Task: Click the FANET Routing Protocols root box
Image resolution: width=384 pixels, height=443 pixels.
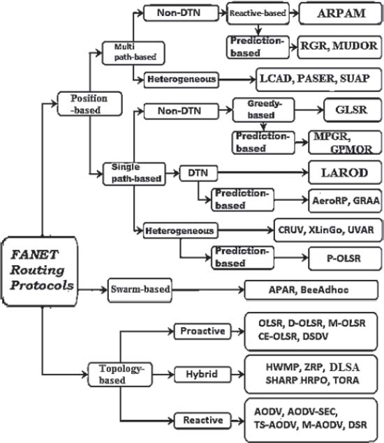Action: pyautogui.click(x=40, y=271)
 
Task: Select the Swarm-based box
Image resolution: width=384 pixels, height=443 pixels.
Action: pyautogui.click(x=140, y=290)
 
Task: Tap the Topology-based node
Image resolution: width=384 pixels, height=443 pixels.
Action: pyautogui.click(x=120, y=375)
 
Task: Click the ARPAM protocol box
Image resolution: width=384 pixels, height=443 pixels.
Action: pyautogui.click(x=341, y=13)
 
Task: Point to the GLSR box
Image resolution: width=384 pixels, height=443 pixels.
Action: pyautogui.click(x=353, y=110)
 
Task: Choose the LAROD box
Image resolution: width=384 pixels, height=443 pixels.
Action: pyautogui.click(x=345, y=172)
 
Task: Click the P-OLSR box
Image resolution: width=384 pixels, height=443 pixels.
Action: pyautogui.click(x=345, y=259)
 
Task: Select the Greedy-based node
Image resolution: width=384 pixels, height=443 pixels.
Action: pyautogui.click(x=263, y=110)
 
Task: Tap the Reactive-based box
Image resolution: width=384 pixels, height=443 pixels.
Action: pyautogui.click(x=258, y=13)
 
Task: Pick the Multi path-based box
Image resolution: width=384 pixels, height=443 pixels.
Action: pyautogui.click(x=133, y=53)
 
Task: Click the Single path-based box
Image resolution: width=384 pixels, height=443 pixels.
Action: pyautogui.click(x=134, y=174)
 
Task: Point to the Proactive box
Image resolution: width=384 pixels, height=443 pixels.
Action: pyautogui.click(x=202, y=331)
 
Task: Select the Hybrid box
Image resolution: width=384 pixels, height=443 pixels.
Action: pyautogui.click(x=202, y=375)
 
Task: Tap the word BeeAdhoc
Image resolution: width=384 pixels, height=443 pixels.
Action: pyautogui.click(x=325, y=290)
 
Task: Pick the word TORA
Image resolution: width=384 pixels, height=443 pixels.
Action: pyautogui.click(x=346, y=380)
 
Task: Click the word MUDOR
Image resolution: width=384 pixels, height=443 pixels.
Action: pyautogui.click(x=355, y=46)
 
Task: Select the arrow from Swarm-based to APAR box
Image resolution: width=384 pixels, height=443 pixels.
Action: pyautogui.click(x=208, y=290)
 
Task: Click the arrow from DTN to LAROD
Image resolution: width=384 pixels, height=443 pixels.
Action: pyautogui.click(x=263, y=172)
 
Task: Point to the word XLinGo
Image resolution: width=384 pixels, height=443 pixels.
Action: pyautogui.click(x=325, y=230)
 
